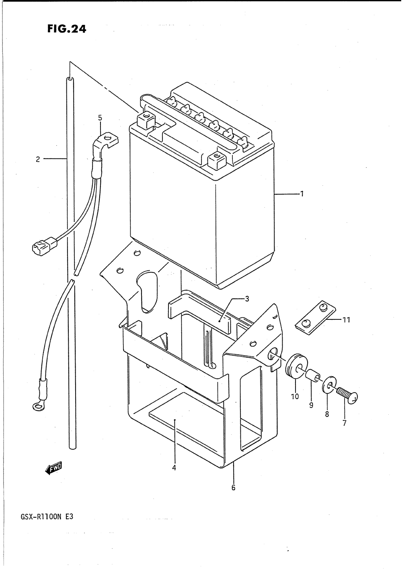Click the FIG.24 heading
pyautogui.click(x=66, y=29)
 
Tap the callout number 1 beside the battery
pyautogui.click(x=301, y=194)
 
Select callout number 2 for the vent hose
pyautogui.click(x=38, y=159)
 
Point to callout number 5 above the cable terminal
pyautogui.click(x=100, y=118)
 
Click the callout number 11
pyautogui.click(x=346, y=320)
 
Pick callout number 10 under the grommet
pyautogui.click(x=295, y=396)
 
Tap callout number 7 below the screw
pyautogui.click(x=345, y=423)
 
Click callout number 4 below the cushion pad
pyautogui.click(x=174, y=468)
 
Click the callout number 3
pyautogui.click(x=247, y=298)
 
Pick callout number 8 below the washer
pyautogui.click(x=327, y=414)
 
